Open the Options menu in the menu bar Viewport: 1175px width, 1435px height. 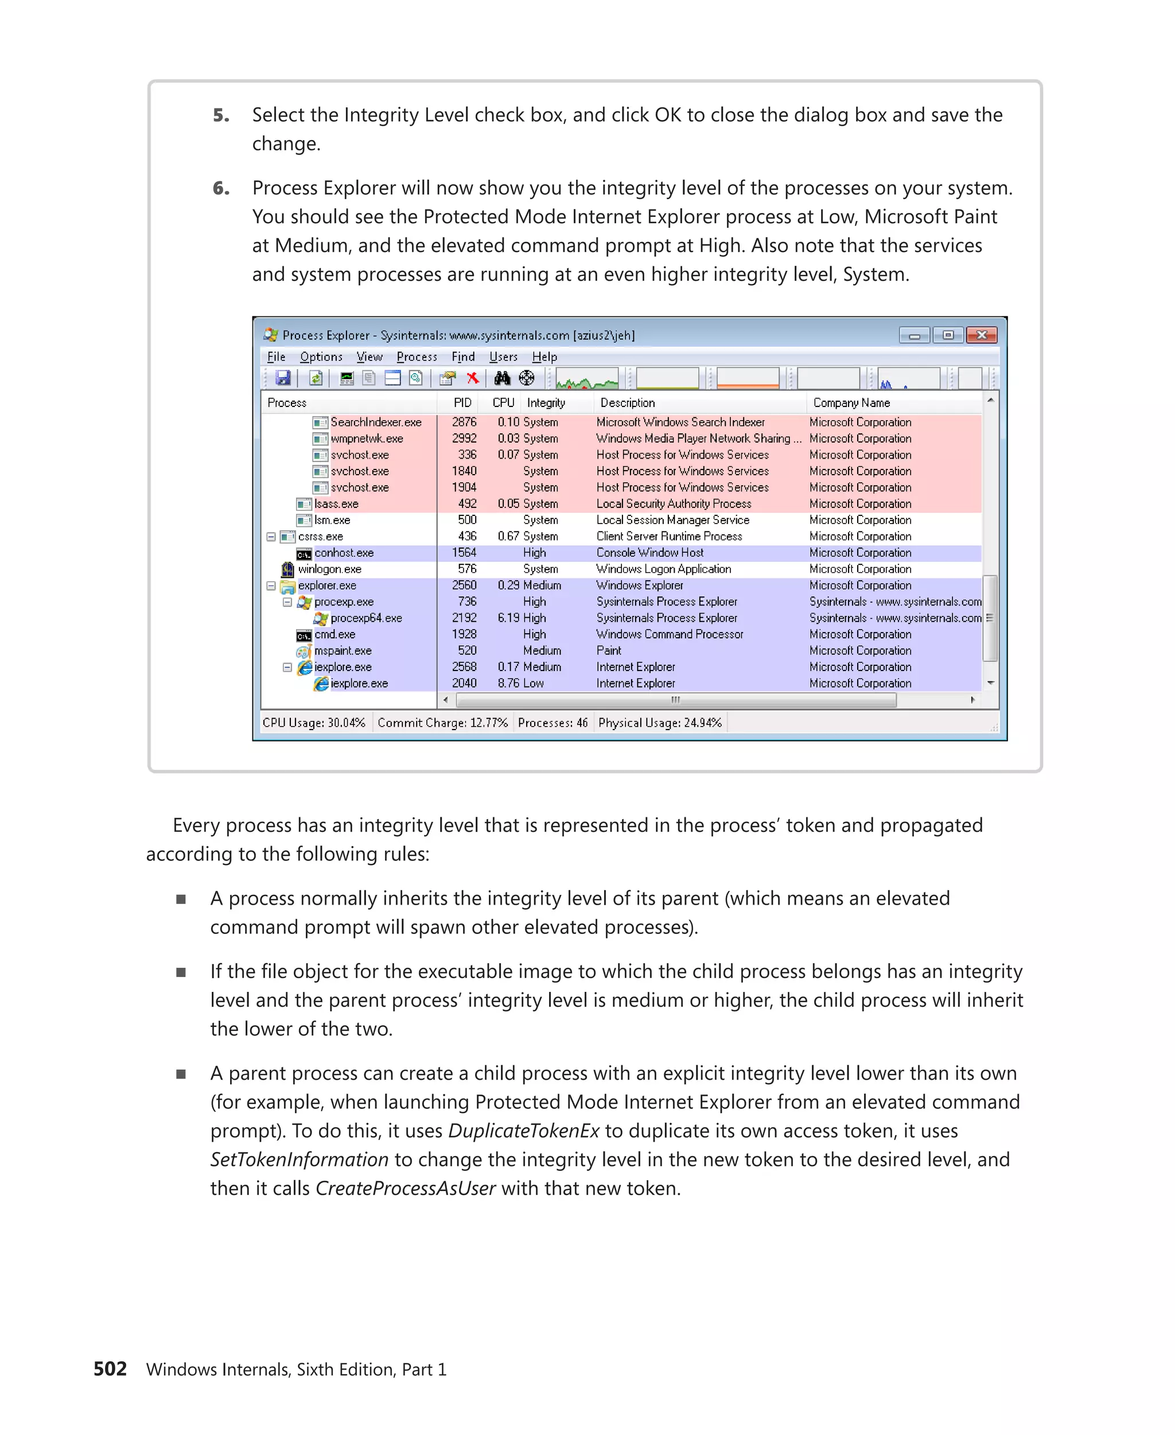tap(321, 357)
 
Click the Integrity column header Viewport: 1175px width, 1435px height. tap(546, 402)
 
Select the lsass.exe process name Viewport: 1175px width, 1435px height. tap(336, 504)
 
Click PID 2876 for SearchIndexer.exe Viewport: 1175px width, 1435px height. tap(464, 422)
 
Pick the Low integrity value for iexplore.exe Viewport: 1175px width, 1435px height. tap(534, 683)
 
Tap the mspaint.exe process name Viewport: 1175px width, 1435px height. tap(343, 651)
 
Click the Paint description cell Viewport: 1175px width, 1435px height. tap(609, 651)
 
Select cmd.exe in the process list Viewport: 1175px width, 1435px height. tap(334, 634)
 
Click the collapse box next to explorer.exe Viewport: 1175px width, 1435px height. tap(271, 586)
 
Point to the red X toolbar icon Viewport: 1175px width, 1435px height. tap(472, 378)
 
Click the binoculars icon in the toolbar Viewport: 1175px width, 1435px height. tap(501, 378)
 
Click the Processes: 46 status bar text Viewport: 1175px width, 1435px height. tap(553, 723)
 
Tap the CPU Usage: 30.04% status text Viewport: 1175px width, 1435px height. tap(314, 723)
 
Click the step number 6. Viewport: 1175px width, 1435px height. tap(221, 188)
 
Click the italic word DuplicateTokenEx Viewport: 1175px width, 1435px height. tap(524, 1130)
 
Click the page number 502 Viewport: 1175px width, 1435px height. tap(110, 1368)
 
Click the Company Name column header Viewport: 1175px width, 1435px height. tap(851, 402)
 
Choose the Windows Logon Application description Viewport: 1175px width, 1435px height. tap(663, 569)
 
